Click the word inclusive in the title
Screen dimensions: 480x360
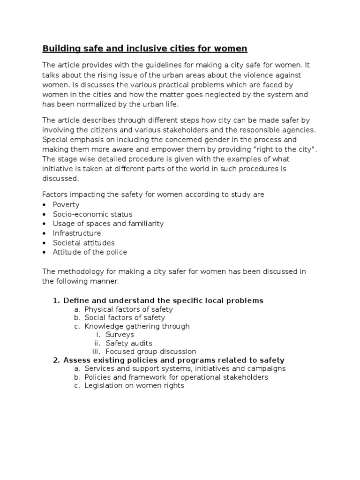coord(142,48)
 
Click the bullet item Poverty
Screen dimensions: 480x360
coord(66,205)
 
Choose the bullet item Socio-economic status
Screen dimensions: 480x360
coord(92,214)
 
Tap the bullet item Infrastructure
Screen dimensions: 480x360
coord(77,233)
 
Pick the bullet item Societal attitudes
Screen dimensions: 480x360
coord(83,243)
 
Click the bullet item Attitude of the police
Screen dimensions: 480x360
coord(90,252)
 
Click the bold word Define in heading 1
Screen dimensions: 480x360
coord(75,300)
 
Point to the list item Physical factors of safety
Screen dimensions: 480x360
coord(128,309)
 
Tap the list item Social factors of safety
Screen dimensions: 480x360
coord(125,318)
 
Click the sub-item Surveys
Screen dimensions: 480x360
coord(120,335)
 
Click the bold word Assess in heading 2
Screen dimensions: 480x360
coord(76,360)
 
